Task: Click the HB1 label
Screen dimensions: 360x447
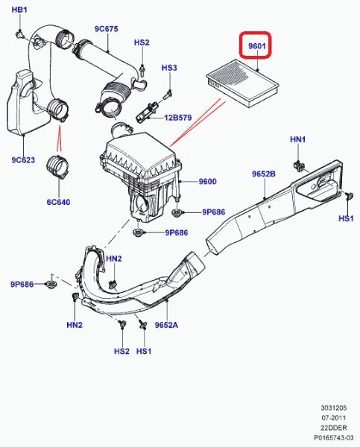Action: (x=19, y=10)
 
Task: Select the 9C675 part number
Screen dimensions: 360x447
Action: (x=107, y=29)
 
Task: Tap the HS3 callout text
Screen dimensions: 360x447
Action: (x=169, y=68)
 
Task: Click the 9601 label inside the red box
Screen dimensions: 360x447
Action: (x=257, y=46)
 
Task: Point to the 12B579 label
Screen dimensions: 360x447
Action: (x=178, y=118)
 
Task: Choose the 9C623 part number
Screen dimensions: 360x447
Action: (x=23, y=160)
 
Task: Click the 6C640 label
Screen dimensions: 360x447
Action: (x=58, y=202)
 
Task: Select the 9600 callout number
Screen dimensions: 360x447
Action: (x=207, y=181)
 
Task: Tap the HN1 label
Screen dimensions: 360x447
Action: (x=298, y=139)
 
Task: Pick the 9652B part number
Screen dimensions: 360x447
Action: (x=264, y=174)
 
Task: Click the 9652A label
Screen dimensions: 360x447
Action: (x=166, y=325)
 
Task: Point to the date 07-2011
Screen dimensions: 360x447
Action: (x=334, y=418)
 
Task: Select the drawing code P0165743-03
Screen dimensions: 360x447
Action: (x=334, y=437)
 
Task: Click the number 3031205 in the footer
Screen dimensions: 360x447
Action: (x=334, y=408)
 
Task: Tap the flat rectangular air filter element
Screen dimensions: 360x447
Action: (x=242, y=83)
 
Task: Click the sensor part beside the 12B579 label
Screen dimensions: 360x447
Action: (x=146, y=112)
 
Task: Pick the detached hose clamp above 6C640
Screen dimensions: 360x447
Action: (x=58, y=167)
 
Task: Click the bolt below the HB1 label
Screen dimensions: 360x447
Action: (x=19, y=34)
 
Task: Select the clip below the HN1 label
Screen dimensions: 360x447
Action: (x=299, y=165)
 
